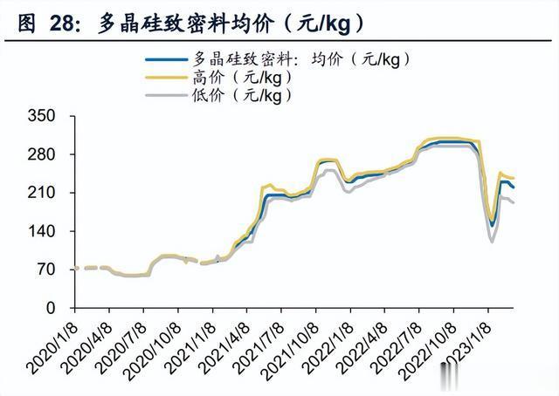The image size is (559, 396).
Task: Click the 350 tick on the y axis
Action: click(x=42, y=116)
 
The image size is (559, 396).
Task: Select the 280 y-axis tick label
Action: click(x=42, y=154)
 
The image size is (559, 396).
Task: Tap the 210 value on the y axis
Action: click(x=42, y=193)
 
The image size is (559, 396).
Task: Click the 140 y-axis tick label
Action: click(x=42, y=231)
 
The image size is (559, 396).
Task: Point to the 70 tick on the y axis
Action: click(x=45, y=270)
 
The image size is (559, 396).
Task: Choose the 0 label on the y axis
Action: click(x=50, y=308)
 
